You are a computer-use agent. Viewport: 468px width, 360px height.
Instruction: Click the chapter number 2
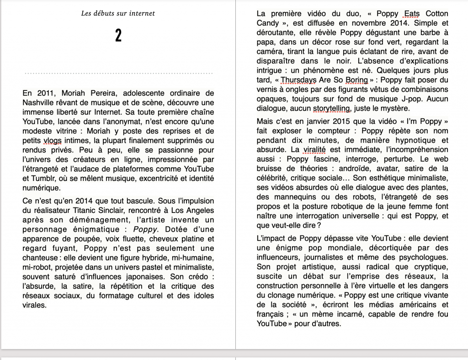(118, 36)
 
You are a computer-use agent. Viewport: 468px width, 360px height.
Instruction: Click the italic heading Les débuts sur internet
(118, 13)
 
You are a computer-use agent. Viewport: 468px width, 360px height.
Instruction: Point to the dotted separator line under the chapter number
(118, 73)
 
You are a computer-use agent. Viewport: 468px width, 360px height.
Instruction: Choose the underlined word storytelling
(331, 108)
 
